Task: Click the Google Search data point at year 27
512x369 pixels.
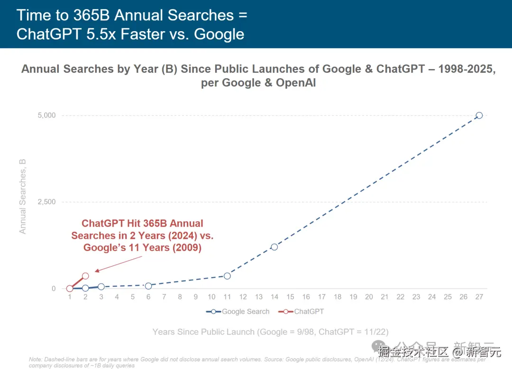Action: pos(479,115)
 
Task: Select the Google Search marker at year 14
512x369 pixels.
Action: pos(274,247)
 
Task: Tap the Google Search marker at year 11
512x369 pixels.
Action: pos(227,276)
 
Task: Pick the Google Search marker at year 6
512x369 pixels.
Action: pos(148,286)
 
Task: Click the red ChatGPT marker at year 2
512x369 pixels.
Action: pos(85,276)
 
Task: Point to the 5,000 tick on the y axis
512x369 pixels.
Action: pos(46,115)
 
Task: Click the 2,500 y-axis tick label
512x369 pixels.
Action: pos(46,202)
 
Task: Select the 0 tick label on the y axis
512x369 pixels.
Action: pos(53,289)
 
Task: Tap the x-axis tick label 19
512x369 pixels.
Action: pos(353,297)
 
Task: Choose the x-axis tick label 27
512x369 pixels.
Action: pos(479,297)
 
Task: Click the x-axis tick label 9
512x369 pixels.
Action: pos(195,297)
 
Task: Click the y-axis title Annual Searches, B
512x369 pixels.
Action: pos(23,196)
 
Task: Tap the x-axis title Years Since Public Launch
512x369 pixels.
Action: pos(270,332)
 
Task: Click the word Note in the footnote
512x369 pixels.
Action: pos(35,360)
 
